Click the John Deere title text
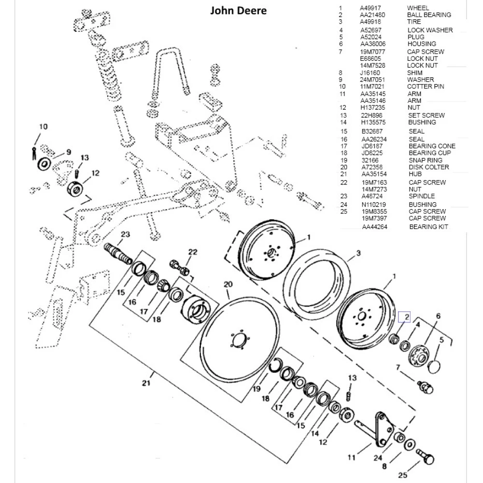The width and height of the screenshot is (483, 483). click(238, 10)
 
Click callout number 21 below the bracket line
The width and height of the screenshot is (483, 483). click(146, 383)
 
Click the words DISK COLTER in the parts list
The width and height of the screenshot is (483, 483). click(428, 167)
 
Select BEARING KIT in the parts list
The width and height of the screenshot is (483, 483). click(428, 227)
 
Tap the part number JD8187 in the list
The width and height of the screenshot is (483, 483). click(371, 146)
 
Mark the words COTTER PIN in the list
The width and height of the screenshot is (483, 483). click(426, 86)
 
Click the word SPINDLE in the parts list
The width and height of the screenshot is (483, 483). click(422, 196)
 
